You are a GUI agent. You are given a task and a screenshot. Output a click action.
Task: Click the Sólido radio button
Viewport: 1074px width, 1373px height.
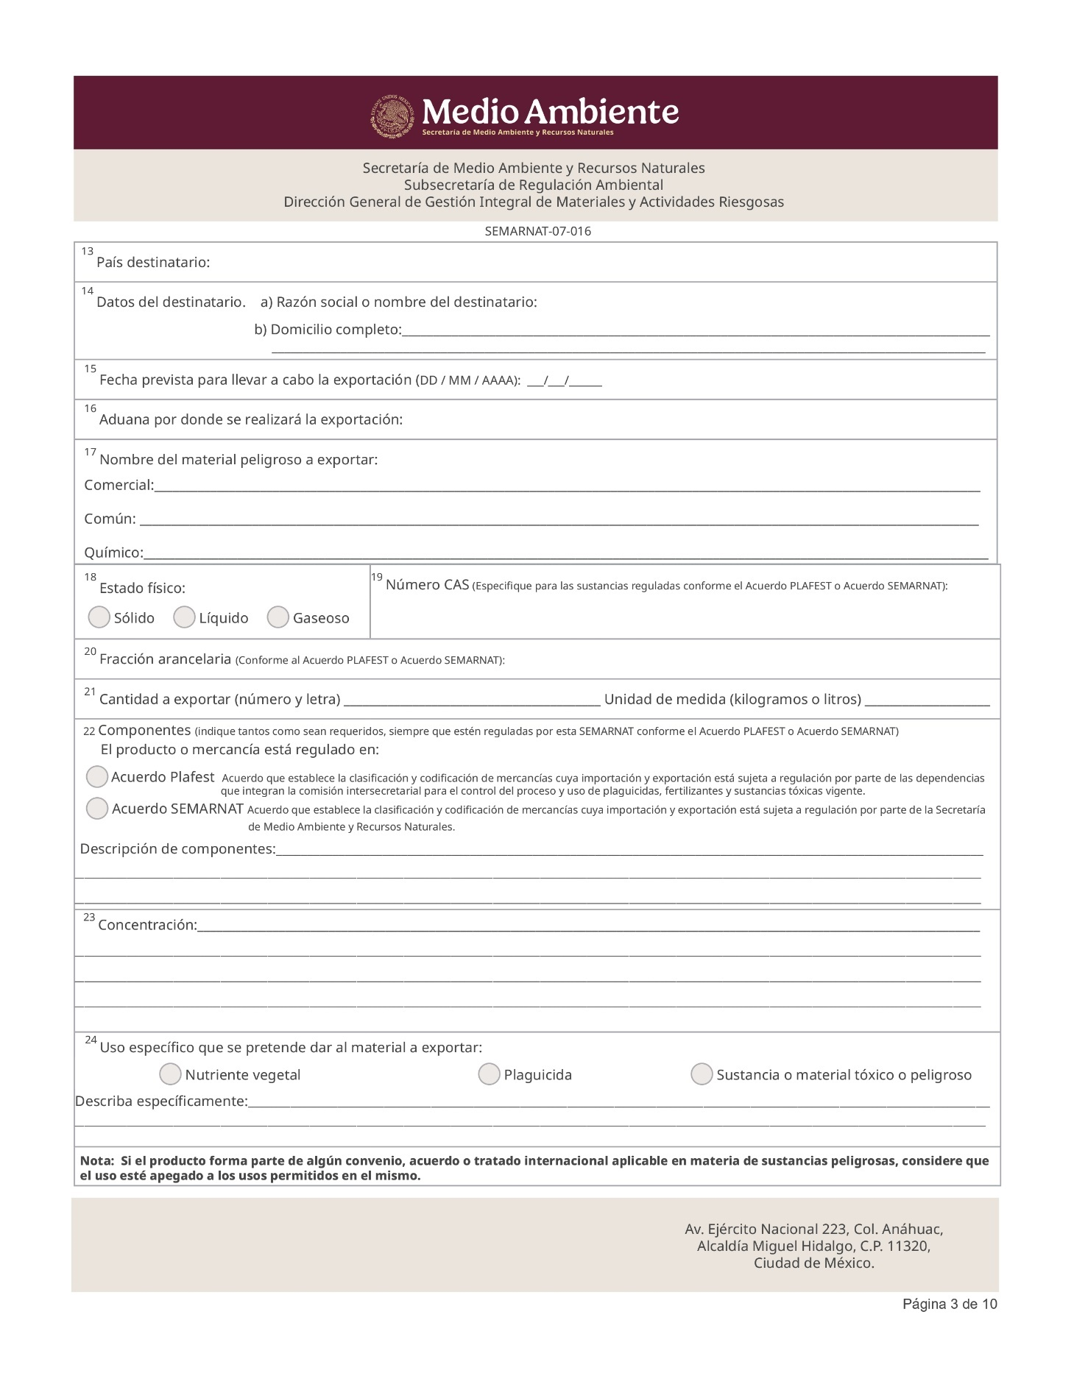coord(99,617)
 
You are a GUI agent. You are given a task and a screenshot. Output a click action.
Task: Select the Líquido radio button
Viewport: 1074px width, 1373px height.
coord(184,617)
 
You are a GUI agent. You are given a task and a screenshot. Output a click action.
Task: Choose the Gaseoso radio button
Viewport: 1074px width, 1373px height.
coord(278,617)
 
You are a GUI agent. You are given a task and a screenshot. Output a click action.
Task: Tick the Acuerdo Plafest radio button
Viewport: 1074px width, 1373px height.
coord(97,776)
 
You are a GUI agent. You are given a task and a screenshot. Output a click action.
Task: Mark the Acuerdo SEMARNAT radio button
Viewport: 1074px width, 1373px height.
coord(97,809)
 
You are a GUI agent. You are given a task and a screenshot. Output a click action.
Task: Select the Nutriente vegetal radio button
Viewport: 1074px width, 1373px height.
coord(170,1074)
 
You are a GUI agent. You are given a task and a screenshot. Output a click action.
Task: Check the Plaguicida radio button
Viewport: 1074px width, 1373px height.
coord(489,1074)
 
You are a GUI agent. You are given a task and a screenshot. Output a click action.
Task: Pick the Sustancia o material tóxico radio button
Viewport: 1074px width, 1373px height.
coord(702,1074)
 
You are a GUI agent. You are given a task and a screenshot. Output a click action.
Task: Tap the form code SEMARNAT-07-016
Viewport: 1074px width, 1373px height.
coord(537,232)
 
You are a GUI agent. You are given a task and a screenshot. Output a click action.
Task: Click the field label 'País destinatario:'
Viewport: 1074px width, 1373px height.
coord(153,263)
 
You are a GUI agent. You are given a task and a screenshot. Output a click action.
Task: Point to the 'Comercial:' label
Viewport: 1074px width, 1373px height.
coord(119,486)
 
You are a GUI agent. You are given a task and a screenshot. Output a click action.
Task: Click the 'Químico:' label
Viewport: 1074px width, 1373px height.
coord(113,553)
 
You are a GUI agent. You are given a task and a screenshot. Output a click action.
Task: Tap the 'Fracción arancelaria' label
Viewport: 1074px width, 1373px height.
coord(165,659)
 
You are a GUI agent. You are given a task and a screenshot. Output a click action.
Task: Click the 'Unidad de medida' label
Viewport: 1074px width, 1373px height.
coord(658,699)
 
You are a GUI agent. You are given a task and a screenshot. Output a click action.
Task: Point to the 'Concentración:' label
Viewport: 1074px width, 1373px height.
coord(147,925)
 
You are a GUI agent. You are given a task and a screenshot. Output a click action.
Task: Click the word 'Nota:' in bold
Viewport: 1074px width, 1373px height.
coord(96,1161)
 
